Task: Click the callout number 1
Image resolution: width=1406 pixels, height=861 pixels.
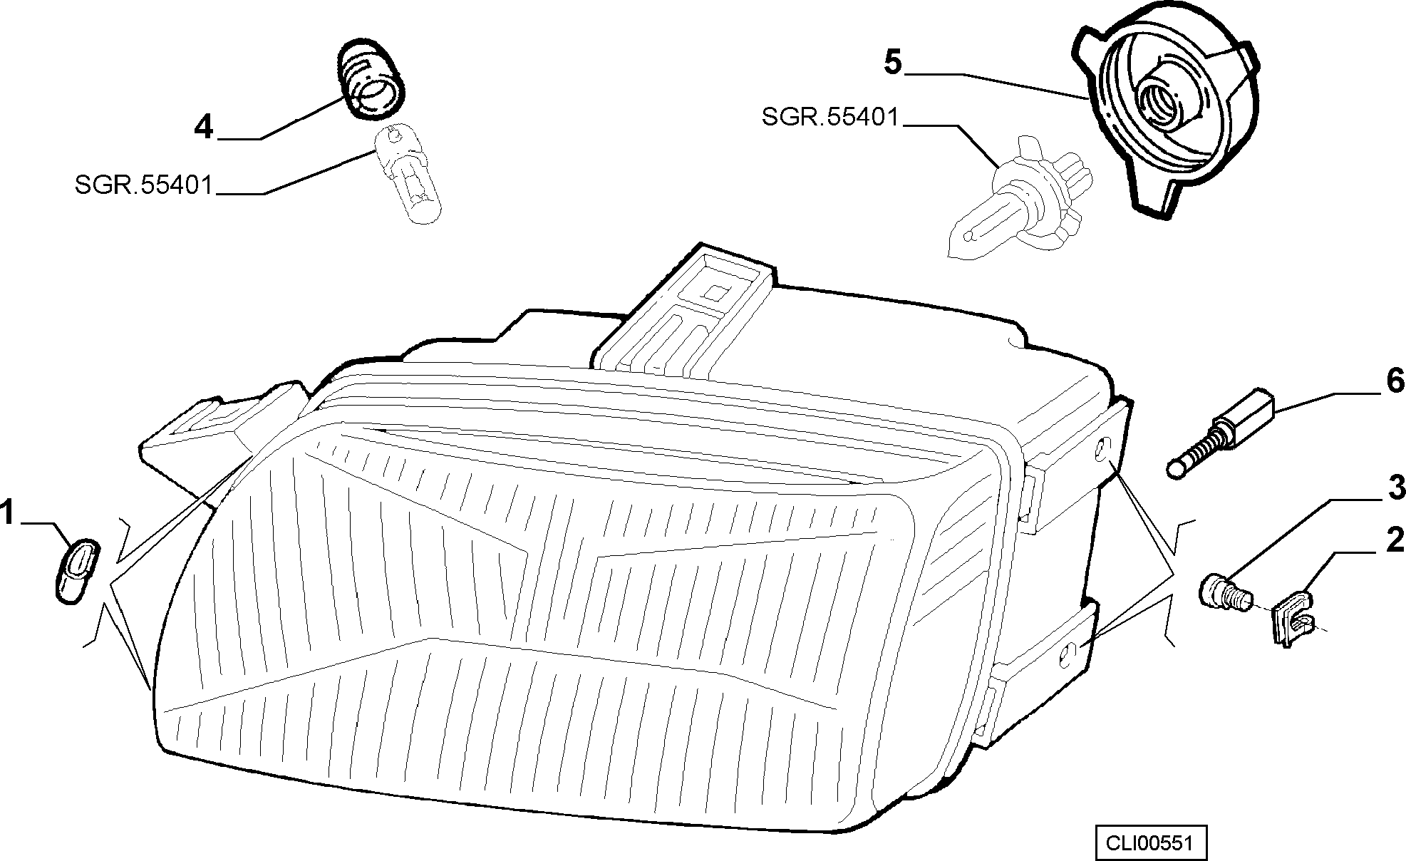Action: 7,513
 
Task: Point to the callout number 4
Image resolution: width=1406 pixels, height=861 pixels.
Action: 204,127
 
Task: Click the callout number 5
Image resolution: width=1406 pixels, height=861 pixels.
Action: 892,62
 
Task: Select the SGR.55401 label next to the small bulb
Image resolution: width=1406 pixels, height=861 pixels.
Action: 144,186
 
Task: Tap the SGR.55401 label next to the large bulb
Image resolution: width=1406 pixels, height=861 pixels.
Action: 831,116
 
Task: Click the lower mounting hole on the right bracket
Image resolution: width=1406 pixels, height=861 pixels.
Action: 1067,656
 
